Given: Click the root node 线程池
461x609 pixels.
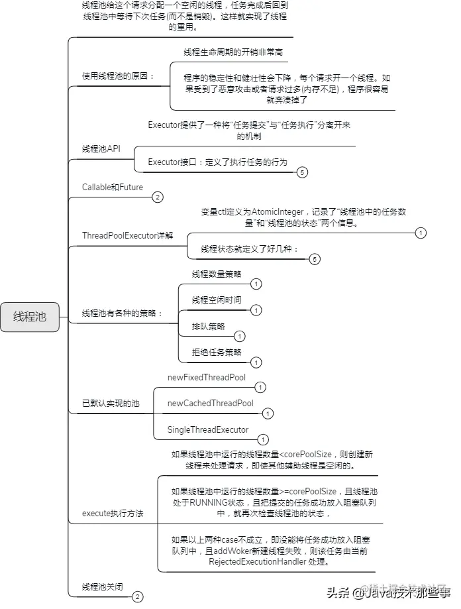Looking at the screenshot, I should coord(30,316).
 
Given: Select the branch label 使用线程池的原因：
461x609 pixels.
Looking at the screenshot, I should coord(118,76).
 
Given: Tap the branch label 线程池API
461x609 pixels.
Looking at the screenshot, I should coord(101,149).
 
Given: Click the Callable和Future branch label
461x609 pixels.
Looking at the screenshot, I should coord(113,188).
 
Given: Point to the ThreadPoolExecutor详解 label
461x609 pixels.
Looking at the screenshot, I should coord(127,236).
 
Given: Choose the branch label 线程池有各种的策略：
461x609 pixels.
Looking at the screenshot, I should coord(122,313).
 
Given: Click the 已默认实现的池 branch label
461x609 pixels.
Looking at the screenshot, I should coord(111,403).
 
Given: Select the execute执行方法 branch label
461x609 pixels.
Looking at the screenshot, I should coord(112,513).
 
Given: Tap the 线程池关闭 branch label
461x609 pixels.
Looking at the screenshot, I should coord(102,587).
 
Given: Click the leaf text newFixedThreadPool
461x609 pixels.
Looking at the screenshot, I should coord(207,378).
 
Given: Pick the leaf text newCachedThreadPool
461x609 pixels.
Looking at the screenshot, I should coord(210,404).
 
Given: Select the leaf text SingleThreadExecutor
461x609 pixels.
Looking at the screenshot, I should coord(208,430).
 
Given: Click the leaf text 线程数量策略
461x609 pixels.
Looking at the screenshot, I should coord(217,274).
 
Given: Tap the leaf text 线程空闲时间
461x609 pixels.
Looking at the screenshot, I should coord(217,300).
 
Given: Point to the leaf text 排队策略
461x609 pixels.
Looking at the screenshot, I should coord(208,327).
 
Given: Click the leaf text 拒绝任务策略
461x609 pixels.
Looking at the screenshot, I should coord(217,353).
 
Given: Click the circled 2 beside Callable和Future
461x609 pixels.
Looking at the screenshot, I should coord(157,197).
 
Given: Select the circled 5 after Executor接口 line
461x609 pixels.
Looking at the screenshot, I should coord(302,172).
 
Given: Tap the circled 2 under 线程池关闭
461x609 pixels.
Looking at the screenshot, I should coord(137,597).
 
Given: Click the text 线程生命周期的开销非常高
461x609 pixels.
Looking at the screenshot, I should coord(234,52).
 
